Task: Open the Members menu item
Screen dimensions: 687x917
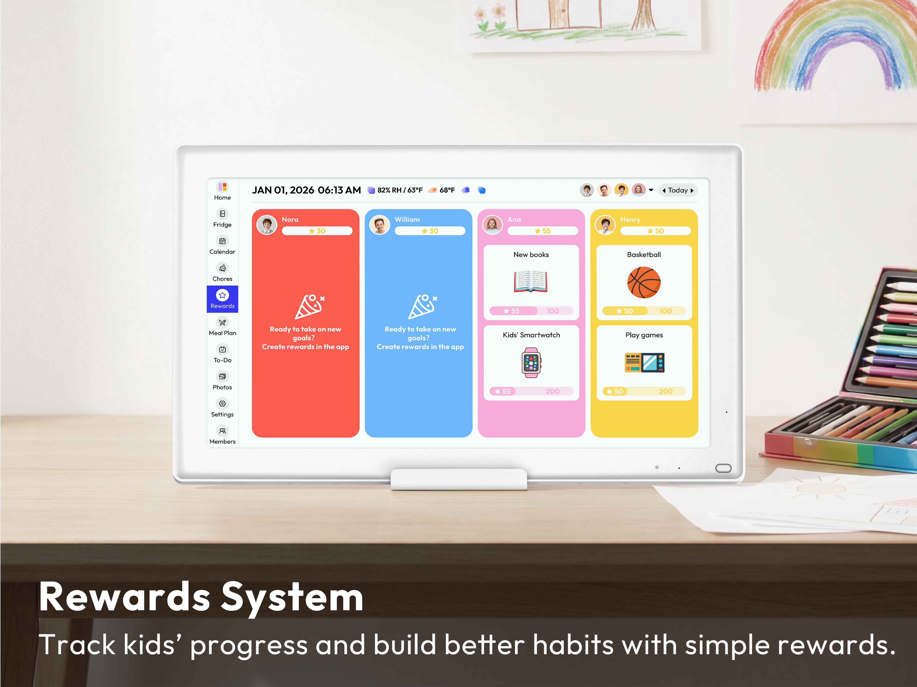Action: (x=223, y=435)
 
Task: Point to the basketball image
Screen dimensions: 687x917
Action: (x=644, y=282)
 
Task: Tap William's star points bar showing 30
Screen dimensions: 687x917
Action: (x=430, y=231)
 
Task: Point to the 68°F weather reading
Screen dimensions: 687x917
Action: (x=447, y=190)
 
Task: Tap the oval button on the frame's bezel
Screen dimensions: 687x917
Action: (x=723, y=468)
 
